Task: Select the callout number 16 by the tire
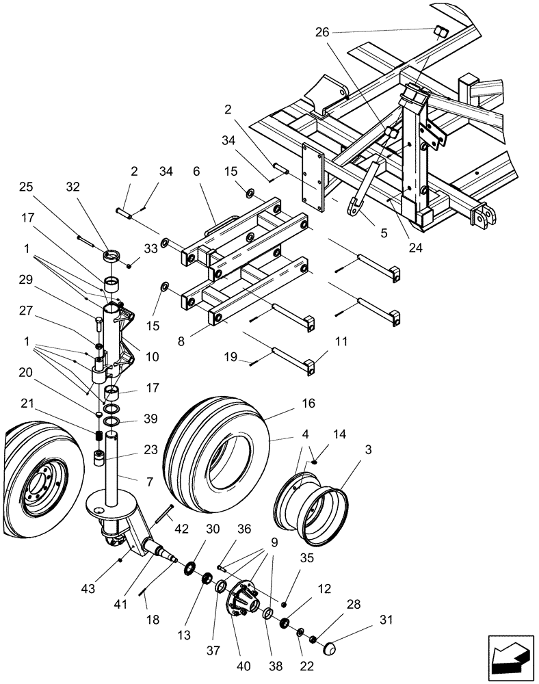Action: (308, 404)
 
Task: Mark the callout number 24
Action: (416, 248)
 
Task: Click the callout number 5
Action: (384, 233)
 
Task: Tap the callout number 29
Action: (25, 280)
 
